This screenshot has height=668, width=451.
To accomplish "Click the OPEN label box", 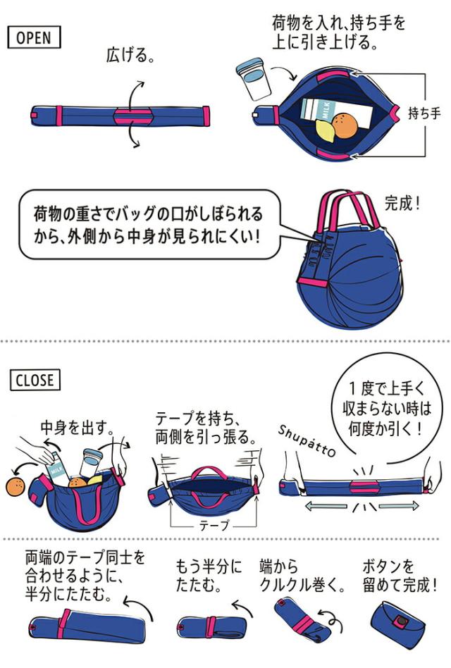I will pos(35,37).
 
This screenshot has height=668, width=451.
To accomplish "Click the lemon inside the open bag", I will pos(326,130).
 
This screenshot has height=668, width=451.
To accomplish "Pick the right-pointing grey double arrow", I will pos(401,505).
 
